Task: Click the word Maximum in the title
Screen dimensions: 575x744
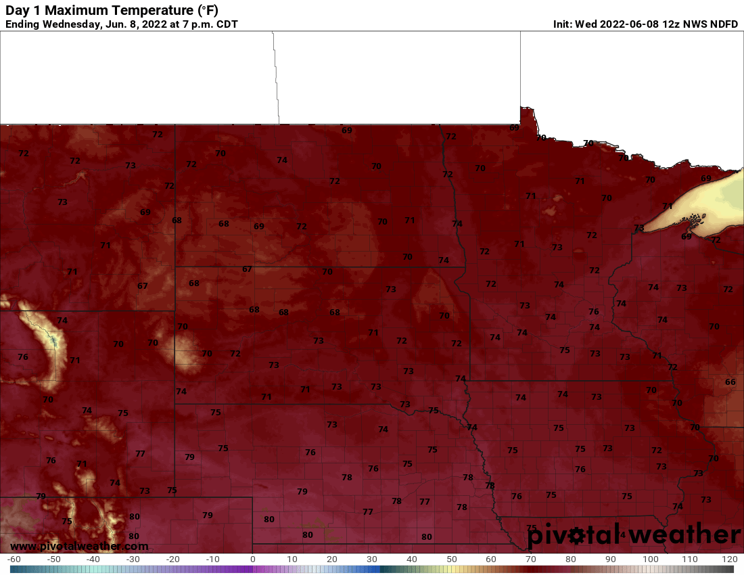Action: click(x=78, y=11)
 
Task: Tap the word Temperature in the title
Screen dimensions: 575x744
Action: click(x=160, y=11)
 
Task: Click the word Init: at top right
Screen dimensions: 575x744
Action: click(x=563, y=24)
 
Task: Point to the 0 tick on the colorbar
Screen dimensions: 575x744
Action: click(x=252, y=559)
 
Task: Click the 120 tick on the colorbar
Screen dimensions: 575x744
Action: click(x=728, y=559)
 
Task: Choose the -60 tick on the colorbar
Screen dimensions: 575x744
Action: click(x=14, y=559)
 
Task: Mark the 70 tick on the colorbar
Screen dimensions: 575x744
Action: click(x=531, y=559)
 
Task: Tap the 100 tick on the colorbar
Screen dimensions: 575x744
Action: click(x=650, y=559)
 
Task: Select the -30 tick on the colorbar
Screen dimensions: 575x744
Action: click(x=133, y=559)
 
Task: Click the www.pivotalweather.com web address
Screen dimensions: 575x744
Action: click(x=79, y=546)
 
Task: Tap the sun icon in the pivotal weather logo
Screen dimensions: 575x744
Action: click(x=576, y=536)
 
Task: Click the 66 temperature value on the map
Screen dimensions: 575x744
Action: click(x=730, y=382)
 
